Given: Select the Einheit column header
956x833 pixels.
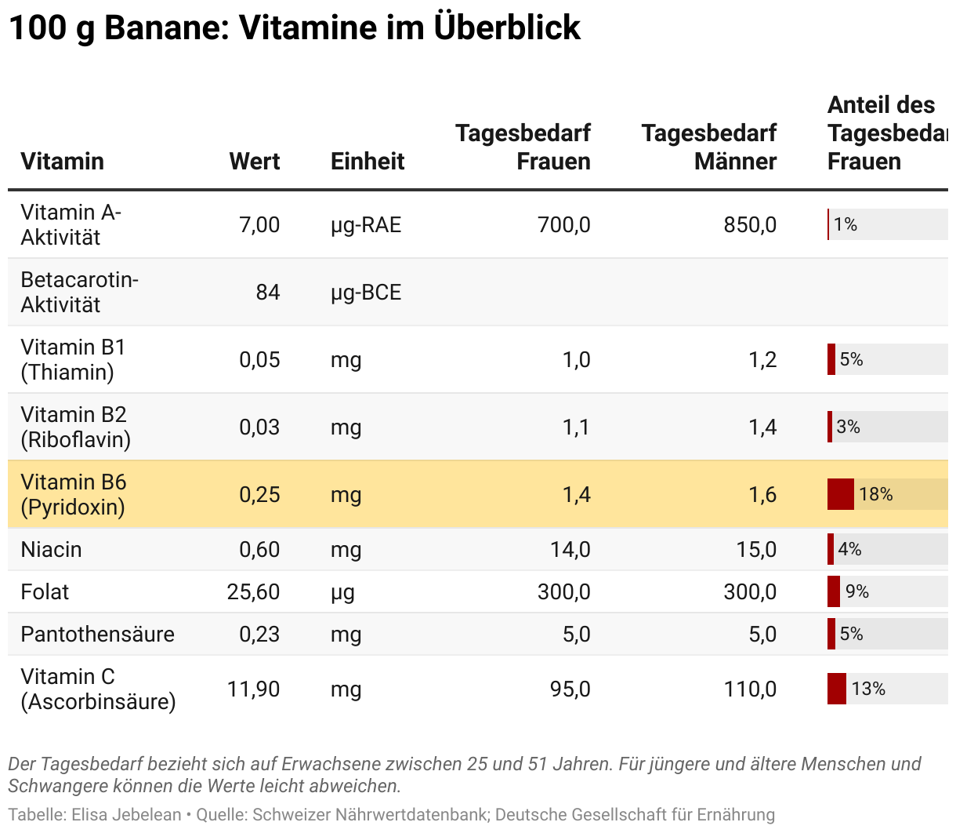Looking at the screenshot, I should pyautogui.click(x=368, y=162).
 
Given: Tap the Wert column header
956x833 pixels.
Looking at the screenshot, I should pyautogui.click(x=255, y=162).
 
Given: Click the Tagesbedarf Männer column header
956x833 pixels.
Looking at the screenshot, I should pyautogui.click(x=709, y=147).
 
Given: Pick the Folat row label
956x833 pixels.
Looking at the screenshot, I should pyautogui.click(x=45, y=592).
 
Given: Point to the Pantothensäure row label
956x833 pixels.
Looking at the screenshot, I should pyautogui.click(x=97, y=635).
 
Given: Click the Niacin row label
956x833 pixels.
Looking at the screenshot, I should pyautogui.click(x=51, y=550).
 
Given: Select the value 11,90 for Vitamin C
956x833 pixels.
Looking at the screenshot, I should pyautogui.click(x=253, y=689).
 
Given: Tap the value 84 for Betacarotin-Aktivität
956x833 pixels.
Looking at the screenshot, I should pyautogui.click(x=267, y=293).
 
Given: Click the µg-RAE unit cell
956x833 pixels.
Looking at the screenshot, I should pyautogui.click(x=366, y=225).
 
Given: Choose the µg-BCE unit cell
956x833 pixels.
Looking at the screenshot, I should pyautogui.click(x=366, y=293).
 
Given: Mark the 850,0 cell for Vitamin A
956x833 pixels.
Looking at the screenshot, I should pyautogui.click(x=750, y=225).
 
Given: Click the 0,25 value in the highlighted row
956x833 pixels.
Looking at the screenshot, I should pyautogui.click(x=259, y=495).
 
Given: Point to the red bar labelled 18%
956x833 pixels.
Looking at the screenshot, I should pyautogui.click(x=841, y=495).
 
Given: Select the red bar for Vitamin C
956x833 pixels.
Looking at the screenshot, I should pyautogui.click(x=837, y=689).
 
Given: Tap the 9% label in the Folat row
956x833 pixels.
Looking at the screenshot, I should pyautogui.click(x=857, y=592).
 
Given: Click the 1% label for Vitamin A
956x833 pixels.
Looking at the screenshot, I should pyautogui.click(x=846, y=225).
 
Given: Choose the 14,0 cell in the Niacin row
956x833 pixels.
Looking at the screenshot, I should pyautogui.click(x=570, y=550).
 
